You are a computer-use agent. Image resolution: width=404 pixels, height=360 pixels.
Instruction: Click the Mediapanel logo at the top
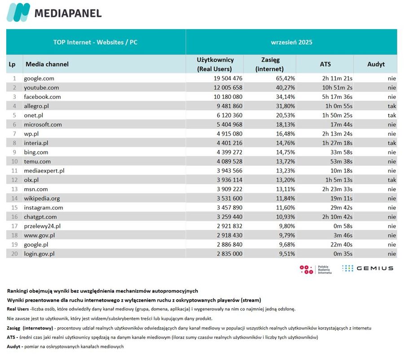point(54,13)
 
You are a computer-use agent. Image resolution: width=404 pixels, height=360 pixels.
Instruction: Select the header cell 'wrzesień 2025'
point(291,42)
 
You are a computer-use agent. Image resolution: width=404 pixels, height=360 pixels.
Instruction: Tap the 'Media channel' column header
point(47,64)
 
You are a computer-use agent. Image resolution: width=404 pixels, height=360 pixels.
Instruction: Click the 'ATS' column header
point(325,64)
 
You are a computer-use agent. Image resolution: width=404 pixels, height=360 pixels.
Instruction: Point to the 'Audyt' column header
point(376,64)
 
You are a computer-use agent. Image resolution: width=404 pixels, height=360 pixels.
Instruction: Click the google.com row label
point(39,78)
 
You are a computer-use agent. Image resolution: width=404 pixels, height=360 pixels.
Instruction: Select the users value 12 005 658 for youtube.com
point(224,88)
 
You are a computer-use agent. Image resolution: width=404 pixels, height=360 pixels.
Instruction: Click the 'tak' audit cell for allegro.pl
point(392,106)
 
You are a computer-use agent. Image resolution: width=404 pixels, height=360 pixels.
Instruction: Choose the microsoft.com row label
point(43,124)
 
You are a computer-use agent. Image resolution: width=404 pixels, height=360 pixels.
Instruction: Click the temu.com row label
point(37,161)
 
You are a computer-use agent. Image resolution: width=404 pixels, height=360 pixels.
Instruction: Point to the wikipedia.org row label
point(42,198)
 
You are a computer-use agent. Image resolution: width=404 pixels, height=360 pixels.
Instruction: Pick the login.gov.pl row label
point(40,253)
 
